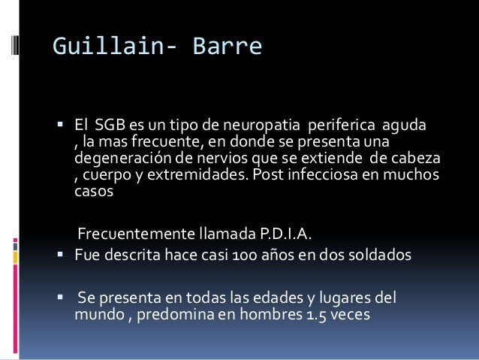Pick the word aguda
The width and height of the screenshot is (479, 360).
point(406,125)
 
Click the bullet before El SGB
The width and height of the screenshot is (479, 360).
point(62,125)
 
